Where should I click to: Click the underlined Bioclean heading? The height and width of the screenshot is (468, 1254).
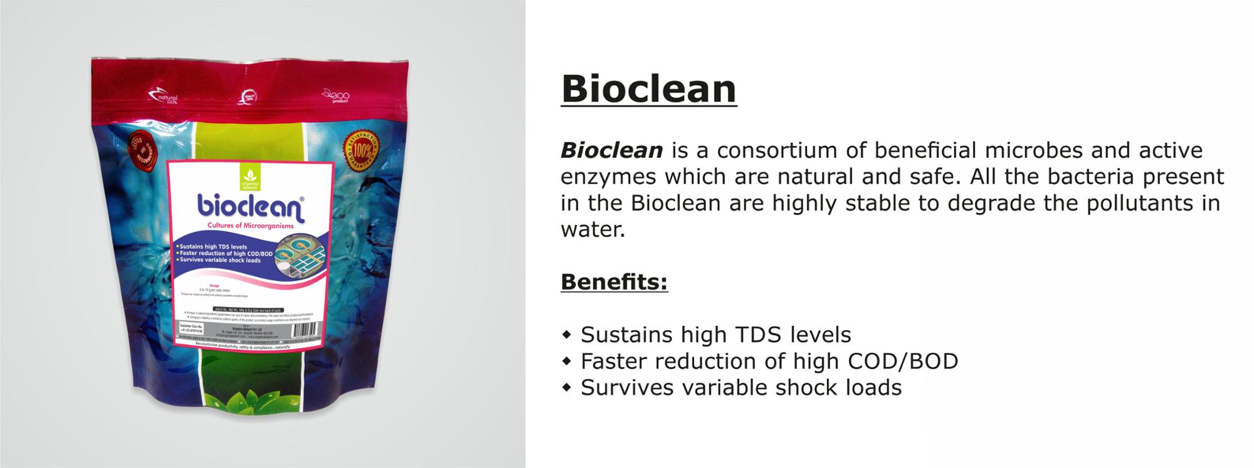click(x=648, y=89)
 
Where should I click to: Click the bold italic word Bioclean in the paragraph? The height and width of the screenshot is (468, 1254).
click(x=611, y=151)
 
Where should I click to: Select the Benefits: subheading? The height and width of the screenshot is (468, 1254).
click(x=614, y=282)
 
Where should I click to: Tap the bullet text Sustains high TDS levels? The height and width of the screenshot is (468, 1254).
click(x=715, y=335)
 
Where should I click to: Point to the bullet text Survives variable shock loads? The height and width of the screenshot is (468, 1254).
click(x=740, y=388)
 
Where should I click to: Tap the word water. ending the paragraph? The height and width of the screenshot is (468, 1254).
click(x=592, y=230)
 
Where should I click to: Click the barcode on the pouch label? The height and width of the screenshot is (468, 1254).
click(x=305, y=330)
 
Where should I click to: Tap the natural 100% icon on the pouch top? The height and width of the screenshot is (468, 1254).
click(x=164, y=97)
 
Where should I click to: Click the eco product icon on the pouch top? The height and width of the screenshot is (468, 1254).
click(x=336, y=95)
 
